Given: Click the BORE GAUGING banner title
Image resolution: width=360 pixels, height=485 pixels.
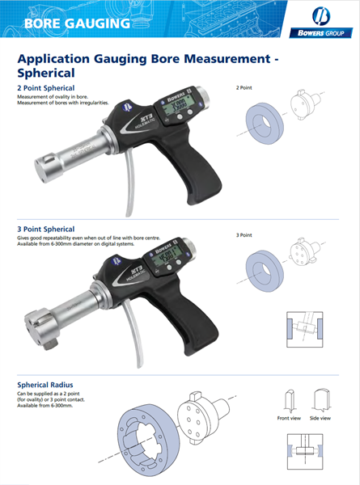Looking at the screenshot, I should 77,22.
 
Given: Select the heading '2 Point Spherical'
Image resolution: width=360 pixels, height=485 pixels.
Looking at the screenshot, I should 46,87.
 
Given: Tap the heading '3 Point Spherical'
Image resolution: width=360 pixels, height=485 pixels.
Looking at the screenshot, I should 46,229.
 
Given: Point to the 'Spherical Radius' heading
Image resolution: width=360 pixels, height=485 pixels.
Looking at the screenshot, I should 46,384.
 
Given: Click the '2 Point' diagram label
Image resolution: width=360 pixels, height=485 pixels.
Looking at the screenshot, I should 245,86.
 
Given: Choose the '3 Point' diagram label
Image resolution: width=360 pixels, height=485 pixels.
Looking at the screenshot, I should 245,234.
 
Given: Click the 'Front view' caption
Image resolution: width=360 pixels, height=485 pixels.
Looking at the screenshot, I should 288,418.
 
